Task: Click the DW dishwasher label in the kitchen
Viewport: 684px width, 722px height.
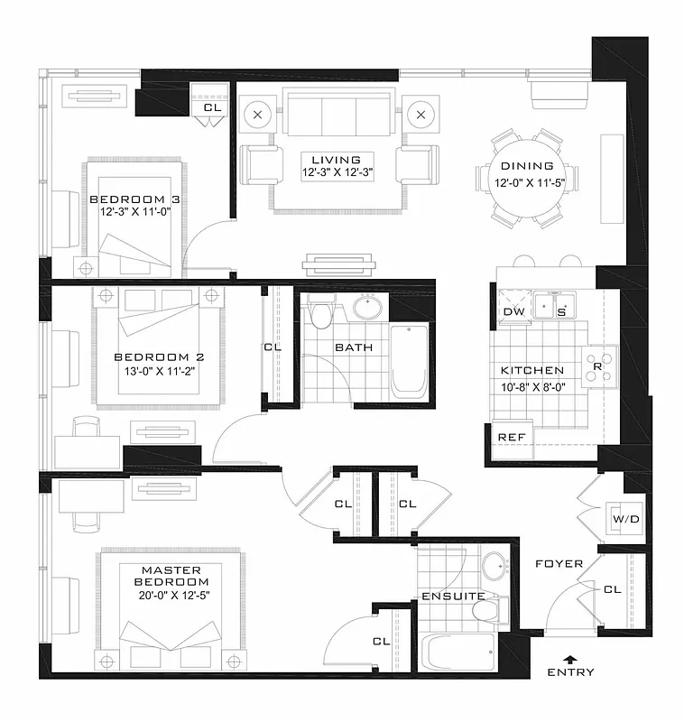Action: click(x=513, y=311)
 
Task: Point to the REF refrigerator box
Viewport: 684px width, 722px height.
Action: click(x=512, y=437)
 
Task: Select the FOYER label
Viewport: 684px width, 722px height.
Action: click(x=559, y=564)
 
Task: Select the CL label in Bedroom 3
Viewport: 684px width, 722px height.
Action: click(x=212, y=107)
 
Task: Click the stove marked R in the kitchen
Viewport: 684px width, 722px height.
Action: click(x=596, y=367)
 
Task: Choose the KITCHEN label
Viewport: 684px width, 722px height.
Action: click(x=532, y=370)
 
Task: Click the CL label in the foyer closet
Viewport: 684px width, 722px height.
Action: click(x=613, y=589)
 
